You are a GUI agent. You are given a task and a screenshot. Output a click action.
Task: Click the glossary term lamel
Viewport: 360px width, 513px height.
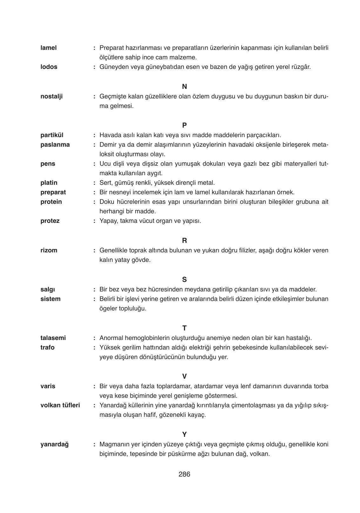(49, 48)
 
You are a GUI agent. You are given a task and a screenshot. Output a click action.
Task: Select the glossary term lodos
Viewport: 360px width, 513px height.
(49, 67)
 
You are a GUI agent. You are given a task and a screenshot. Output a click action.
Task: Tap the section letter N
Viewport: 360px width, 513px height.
(184, 87)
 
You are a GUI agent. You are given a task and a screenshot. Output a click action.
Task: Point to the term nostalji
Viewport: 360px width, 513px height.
(51, 97)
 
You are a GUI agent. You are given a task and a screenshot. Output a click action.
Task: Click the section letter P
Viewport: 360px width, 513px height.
(184, 125)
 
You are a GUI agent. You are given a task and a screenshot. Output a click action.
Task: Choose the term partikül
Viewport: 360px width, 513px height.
(52, 135)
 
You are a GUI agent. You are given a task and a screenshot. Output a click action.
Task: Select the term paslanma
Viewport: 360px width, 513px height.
(55, 145)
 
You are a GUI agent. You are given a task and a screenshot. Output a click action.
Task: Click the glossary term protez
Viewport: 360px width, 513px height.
(50, 221)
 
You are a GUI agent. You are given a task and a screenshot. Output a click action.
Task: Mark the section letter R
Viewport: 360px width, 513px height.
(184, 241)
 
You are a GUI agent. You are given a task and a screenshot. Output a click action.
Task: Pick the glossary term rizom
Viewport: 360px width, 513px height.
(49, 250)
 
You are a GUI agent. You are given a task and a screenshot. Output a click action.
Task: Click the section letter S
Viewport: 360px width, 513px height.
(184, 280)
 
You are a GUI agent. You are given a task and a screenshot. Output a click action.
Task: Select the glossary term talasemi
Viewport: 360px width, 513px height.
(53, 338)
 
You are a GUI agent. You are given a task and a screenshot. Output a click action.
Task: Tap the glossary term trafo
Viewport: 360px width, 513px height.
(47, 348)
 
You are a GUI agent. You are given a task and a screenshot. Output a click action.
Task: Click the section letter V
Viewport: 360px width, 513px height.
(184, 376)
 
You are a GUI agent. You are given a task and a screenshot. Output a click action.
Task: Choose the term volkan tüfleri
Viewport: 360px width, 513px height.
(60, 405)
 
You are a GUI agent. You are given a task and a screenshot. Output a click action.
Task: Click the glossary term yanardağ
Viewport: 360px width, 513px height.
(54, 444)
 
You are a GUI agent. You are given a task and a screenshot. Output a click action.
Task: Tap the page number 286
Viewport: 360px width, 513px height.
(184, 475)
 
